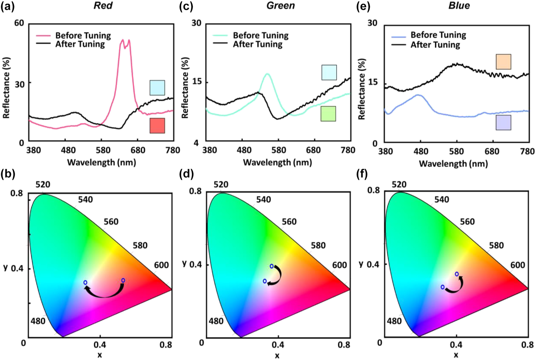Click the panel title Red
[x=103, y=5]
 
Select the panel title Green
[x=281, y=5]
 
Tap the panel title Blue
[x=459, y=5]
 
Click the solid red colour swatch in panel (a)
[x=157, y=126]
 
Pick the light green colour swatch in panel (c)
[x=328, y=114]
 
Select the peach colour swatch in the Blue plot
[x=503, y=62]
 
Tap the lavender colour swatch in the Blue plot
[x=503, y=123]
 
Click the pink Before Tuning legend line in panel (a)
[x=43, y=36]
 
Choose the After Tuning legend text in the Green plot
[x=257, y=44]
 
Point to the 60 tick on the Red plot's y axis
[x=19, y=23]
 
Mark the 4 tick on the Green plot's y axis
[x=196, y=142]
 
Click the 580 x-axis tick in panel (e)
[x=456, y=151]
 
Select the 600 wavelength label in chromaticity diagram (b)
[x=161, y=265]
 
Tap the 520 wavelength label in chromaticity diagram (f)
[x=399, y=185]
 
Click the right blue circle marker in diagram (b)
[x=123, y=280]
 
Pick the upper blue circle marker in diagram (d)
[x=272, y=266]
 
